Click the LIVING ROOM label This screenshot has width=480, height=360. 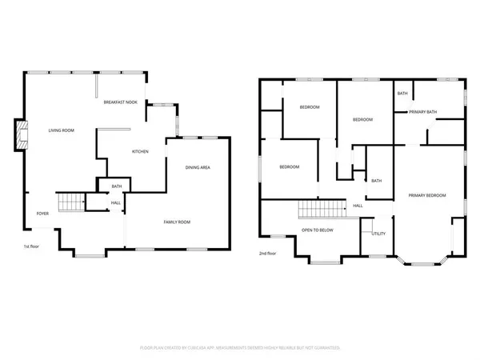(x=62, y=130)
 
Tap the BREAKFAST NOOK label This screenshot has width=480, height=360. (x=121, y=102)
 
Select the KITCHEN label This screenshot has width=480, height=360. (x=141, y=151)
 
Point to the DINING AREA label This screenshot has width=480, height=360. (x=198, y=167)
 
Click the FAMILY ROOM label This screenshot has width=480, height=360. (x=177, y=222)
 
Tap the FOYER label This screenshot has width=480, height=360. (x=42, y=214)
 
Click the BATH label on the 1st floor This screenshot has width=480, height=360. (x=116, y=186)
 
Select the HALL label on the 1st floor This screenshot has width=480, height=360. (x=116, y=202)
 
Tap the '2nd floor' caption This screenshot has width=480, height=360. (x=267, y=253)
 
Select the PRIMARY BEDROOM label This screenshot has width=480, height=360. (x=426, y=195)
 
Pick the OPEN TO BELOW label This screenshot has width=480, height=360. (x=318, y=230)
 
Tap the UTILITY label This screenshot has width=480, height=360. (x=378, y=234)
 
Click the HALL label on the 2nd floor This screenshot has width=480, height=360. (x=358, y=206)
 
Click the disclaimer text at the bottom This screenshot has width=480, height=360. (x=240, y=348)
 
